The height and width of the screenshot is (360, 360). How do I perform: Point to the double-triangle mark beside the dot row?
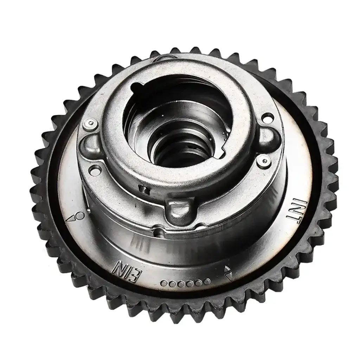(228, 272)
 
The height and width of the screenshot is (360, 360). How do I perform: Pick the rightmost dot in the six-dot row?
(207, 281)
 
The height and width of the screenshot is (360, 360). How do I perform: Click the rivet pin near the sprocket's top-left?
(90, 123)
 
